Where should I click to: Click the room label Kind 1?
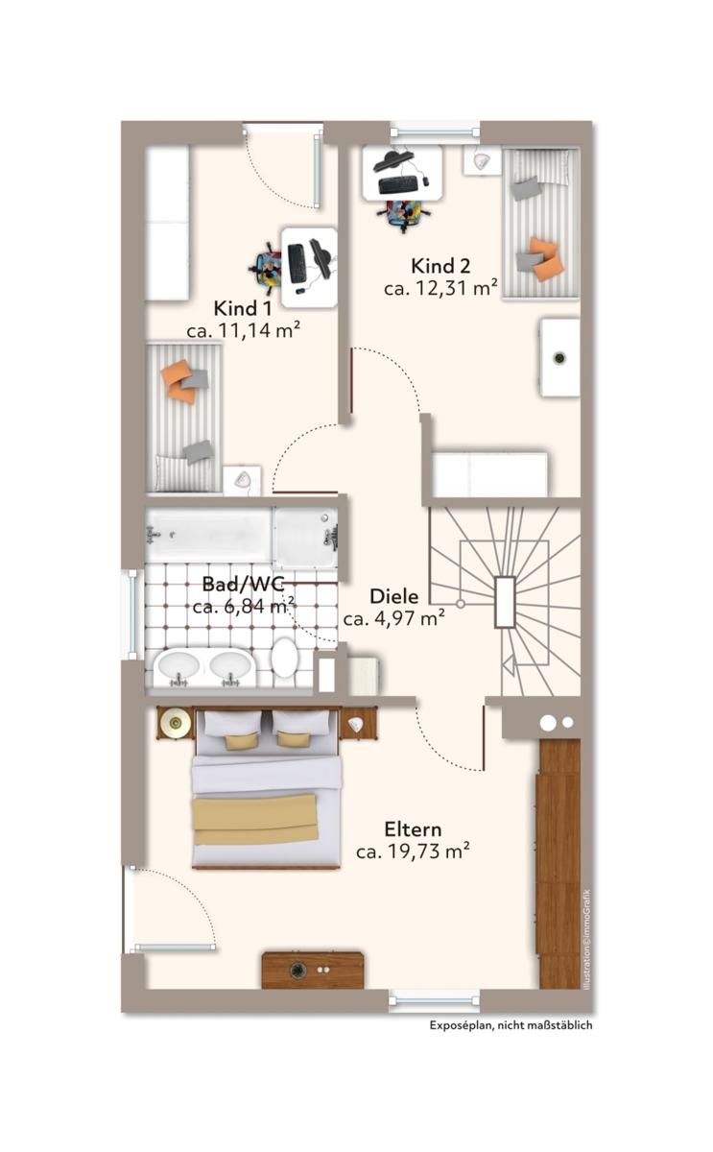coord(242,308)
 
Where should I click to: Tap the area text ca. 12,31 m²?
coord(440,287)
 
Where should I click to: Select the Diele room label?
coord(394,596)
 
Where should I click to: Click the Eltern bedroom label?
coord(413,829)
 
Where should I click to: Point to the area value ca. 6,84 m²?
coord(244,606)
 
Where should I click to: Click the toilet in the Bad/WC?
coord(285,657)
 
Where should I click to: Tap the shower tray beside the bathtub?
coord(306,537)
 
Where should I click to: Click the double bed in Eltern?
coord(266,788)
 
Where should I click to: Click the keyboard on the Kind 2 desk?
coord(398,184)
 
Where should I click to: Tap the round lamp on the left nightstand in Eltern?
coord(176,724)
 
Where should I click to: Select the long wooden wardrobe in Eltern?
coord(559,863)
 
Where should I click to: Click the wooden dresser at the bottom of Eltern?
coord(313,970)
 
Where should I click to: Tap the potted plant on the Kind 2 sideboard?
coord(559,357)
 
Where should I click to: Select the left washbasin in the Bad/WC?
coord(178,666)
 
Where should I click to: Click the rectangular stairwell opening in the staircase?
coord(505,602)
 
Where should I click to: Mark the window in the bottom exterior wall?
coord(435,1000)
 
